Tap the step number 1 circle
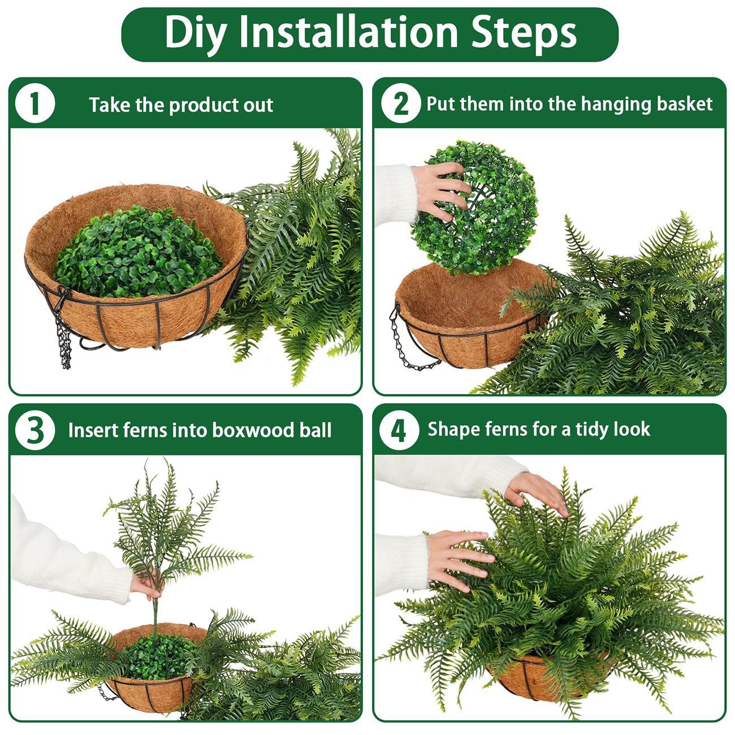(35, 105)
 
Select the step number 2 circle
(400, 105)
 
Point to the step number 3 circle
(35, 430)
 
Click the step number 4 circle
(399, 430)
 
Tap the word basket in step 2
(685, 104)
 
